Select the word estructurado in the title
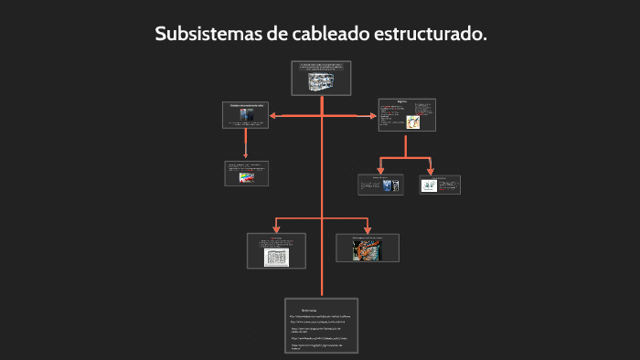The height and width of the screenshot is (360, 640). point(430,34)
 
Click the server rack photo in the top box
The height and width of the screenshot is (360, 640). point(321,82)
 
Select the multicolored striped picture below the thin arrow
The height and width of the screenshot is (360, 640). point(245,178)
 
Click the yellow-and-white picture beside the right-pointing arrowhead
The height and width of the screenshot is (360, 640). point(413,121)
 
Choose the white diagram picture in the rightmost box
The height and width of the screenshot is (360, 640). point(430,185)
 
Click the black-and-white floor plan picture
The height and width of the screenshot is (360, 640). point(276,256)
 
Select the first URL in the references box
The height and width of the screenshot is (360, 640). point(321,316)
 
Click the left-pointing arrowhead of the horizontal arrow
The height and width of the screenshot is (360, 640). point(272,115)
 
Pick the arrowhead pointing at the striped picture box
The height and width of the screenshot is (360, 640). point(245,156)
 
